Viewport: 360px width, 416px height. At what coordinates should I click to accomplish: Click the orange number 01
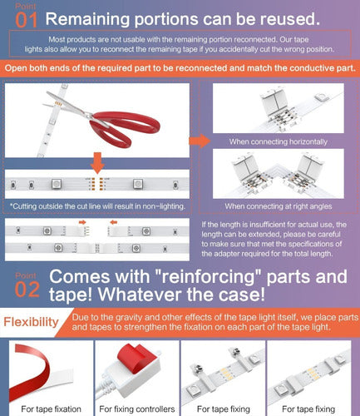click(x=27, y=20)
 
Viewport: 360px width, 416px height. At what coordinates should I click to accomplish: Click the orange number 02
click(x=27, y=290)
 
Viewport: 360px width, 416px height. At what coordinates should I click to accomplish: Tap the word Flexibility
click(x=31, y=322)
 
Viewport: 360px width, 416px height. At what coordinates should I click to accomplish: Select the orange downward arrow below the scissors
click(x=97, y=163)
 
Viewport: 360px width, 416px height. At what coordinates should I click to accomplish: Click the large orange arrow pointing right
click(x=200, y=141)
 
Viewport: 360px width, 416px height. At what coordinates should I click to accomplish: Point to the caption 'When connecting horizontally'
click(x=279, y=141)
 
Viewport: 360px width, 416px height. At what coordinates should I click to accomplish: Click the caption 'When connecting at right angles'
click(x=279, y=206)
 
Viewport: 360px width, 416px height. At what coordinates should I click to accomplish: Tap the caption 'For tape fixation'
click(x=51, y=409)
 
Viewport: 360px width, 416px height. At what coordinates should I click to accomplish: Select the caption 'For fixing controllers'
click(x=137, y=409)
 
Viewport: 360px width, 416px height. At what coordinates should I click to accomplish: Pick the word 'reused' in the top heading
click(x=288, y=19)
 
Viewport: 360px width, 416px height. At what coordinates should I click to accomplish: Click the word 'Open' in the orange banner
click(x=16, y=68)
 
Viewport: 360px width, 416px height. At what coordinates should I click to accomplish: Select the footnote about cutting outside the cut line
click(x=97, y=206)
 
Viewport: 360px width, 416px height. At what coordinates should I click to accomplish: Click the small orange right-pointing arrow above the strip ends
click(x=82, y=222)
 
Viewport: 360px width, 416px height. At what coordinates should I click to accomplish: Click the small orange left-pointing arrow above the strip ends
click(x=114, y=222)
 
